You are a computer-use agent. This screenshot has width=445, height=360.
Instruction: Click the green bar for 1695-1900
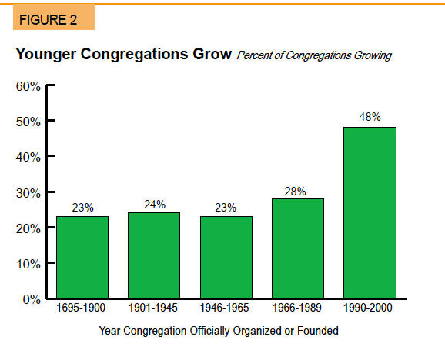click(x=82, y=258)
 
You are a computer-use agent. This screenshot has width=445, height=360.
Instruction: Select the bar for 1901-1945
click(x=154, y=255)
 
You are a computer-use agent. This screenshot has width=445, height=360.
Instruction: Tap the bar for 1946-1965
click(x=226, y=258)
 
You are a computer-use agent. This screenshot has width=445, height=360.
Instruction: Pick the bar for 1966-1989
click(x=298, y=248)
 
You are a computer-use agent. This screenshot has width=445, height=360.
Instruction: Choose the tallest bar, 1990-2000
click(x=370, y=213)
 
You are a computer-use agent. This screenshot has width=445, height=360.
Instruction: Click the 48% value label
click(x=370, y=117)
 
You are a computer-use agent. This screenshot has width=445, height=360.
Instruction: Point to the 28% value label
click(x=295, y=192)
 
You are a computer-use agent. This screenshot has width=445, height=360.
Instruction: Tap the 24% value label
click(x=155, y=205)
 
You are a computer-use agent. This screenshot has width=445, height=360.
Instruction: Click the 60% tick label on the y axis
click(x=28, y=86)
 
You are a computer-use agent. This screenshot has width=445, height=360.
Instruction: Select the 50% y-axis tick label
click(x=28, y=122)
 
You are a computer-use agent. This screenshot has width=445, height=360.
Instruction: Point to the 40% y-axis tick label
click(x=28, y=157)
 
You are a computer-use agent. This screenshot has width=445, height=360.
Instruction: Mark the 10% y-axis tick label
click(x=28, y=264)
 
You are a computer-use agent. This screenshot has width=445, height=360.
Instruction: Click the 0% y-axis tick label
click(x=32, y=299)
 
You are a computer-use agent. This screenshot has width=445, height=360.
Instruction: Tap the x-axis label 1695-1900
click(x=81, y=308)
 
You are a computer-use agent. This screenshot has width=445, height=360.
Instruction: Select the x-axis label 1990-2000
click(x=368, y=308)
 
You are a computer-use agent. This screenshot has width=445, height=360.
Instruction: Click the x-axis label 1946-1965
click(x=224, y=308)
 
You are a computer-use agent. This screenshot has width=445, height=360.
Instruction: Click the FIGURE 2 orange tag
click(x=54, y=17)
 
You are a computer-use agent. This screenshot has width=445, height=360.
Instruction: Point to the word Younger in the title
click(x=45, y=54)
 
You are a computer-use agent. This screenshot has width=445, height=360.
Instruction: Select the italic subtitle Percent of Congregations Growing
click(x=314, y=55)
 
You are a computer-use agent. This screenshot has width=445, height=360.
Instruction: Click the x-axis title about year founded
click(x=219, y=331)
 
